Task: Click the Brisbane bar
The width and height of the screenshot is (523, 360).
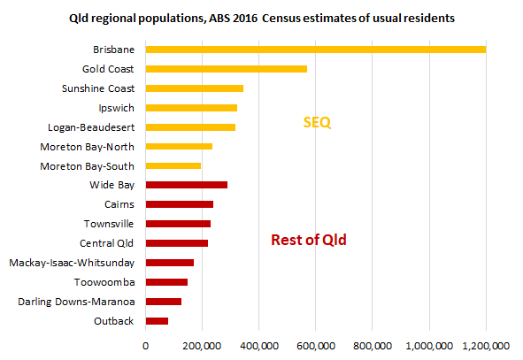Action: point(315,50)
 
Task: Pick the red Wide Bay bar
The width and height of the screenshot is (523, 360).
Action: point(186,185)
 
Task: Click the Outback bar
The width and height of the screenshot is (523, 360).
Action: point(157,320)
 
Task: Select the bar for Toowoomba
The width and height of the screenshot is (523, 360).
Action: point(166,281)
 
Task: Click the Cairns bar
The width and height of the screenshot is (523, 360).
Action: point(179,204)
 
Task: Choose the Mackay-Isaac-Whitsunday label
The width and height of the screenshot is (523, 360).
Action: point(72,263)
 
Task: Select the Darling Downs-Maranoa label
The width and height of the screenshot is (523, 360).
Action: point(77,302)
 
